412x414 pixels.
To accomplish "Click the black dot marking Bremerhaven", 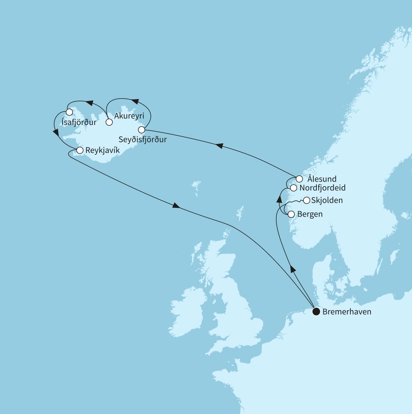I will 316,312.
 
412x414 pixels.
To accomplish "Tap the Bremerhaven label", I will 347,312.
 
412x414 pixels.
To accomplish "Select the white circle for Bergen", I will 291,214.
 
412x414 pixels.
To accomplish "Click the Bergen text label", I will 310,214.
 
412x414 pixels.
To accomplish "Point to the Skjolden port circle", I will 306,200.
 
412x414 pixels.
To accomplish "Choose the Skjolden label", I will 327,200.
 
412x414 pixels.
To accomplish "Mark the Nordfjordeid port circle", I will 293,188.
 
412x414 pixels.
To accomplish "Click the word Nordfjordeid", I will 322,188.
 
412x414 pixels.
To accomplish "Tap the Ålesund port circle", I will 299,179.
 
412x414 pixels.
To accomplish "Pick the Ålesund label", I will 322,179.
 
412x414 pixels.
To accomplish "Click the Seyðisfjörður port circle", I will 141,130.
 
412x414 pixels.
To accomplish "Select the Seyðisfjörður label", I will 143,139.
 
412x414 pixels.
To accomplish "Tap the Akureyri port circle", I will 109,122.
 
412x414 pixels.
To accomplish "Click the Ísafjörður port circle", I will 69,112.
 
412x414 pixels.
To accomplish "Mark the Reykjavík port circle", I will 80,150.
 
